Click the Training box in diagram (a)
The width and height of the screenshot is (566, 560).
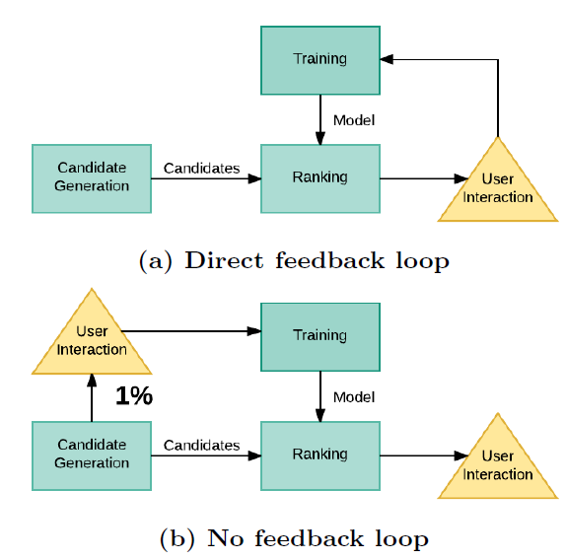[320, 60]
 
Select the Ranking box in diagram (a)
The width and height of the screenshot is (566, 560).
[320, 178]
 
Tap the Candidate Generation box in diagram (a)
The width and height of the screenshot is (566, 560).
[92, 178]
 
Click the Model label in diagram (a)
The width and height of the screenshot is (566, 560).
[354, 120]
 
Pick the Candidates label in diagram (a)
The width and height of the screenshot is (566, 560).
[201, 169]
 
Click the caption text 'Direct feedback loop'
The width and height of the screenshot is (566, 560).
[317, 260]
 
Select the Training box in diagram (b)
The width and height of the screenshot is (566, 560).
[320, 337]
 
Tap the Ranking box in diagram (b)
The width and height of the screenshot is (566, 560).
[320, 455]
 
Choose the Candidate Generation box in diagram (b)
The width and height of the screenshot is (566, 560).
[92, 455]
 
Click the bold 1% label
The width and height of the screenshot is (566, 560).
[134, 395]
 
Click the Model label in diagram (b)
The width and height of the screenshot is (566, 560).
[354, 397]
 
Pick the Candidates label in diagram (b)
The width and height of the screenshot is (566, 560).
[201, 446]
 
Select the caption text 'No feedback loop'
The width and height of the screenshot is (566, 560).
[318, 538]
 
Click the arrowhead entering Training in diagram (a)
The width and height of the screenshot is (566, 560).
[387, 59]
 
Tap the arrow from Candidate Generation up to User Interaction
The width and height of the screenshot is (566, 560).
[92, 397]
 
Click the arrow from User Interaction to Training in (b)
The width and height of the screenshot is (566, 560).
[191, 331]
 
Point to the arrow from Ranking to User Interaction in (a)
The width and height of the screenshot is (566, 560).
[424, 178]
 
